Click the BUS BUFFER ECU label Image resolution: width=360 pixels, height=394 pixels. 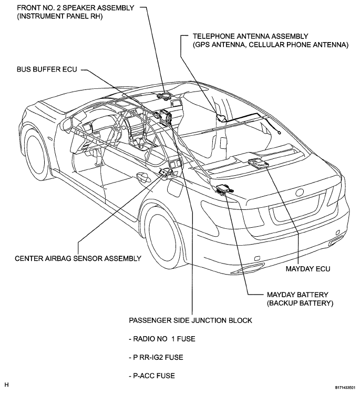tap(47, 69)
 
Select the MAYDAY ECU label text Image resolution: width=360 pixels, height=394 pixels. tap(308, 269)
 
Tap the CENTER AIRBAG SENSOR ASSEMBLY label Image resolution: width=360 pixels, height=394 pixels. tap(78, 258)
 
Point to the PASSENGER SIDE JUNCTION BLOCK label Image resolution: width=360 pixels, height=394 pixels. tap(190, 320)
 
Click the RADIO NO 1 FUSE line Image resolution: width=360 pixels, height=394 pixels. tap(162, 339)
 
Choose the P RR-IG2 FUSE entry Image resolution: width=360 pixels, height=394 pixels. tap(156, 357)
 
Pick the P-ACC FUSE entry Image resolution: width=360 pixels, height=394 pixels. tap(152, 376)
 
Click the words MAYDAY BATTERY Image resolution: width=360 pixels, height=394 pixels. tap(297, 295)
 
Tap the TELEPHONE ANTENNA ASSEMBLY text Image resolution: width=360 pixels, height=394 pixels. tap(250, 36)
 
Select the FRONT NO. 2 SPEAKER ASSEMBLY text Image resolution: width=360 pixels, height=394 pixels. tap(76, 8)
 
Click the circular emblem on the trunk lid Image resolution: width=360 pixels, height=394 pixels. tap(300, 192)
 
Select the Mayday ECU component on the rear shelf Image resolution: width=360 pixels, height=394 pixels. tap(258, 163)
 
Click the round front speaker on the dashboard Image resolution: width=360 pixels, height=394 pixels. tap(164, 96)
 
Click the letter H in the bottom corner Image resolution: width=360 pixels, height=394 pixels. tap(6, 385)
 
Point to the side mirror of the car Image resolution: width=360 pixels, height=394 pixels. tap(66, 124)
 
